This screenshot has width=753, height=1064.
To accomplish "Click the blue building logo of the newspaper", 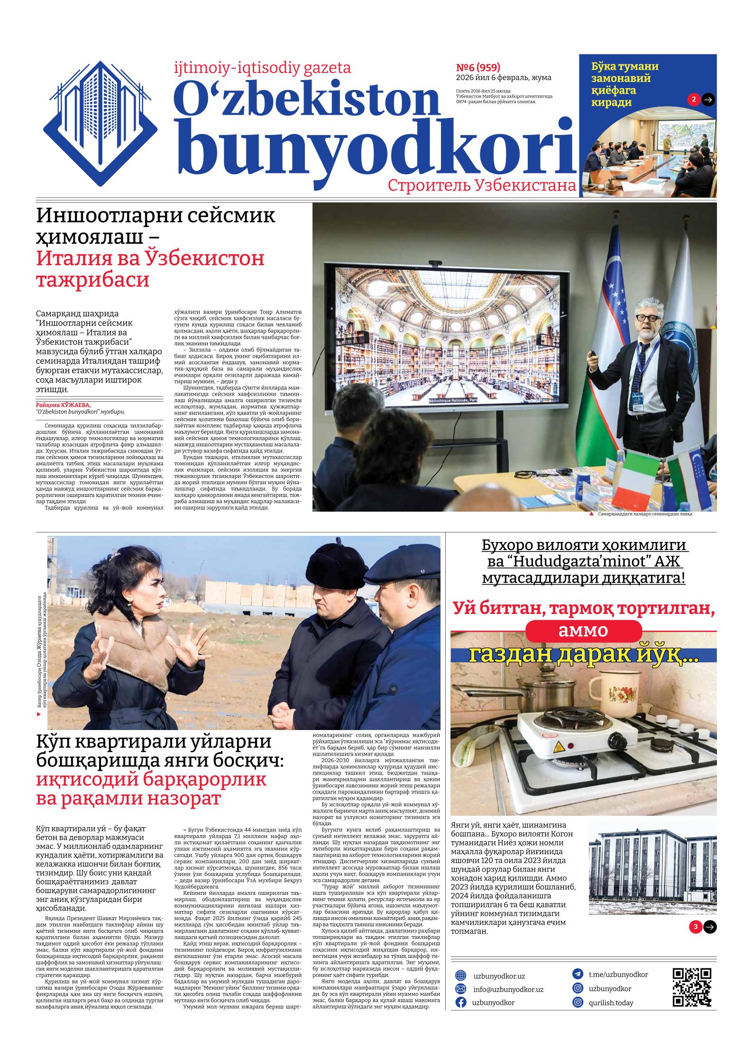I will coord(100,124).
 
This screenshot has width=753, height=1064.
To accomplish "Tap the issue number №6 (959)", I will coord(478,67).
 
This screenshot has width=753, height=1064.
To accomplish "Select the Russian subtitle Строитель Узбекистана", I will coord(482,186).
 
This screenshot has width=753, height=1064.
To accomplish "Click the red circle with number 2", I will coord(694,99).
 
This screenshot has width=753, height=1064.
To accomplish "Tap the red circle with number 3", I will coord(696,927).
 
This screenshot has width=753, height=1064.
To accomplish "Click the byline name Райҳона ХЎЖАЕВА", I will coord(63,405).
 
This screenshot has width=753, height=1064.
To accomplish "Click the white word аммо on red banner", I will coord(583,631).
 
